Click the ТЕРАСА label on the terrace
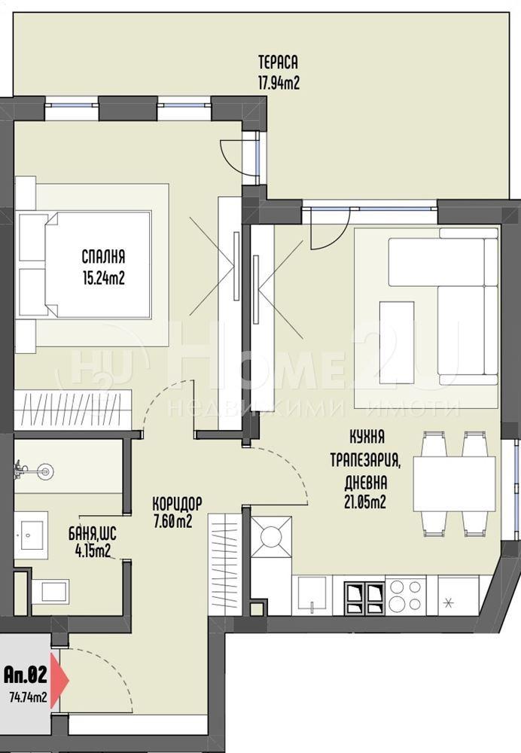click(278, 62)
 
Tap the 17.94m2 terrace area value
click(279, 83)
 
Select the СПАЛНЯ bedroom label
click(103, 257)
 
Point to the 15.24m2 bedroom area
click(104, 278)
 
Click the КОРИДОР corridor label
click(177, 503)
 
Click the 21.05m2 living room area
click(365, 501)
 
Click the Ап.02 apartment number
click(26, 675)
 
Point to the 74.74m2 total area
click(28, 697)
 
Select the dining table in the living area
click(454, 483)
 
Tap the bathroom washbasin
click(31, 535)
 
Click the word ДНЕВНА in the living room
click(365, 481)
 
